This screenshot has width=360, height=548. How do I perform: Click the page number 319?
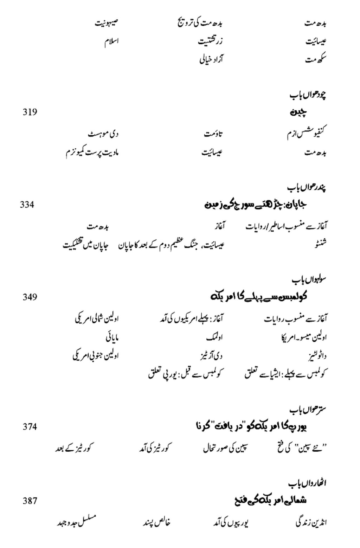click(30, 112)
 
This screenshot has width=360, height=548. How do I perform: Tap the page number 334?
click(27, 205)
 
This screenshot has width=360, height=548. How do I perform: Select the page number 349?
click(30, 297)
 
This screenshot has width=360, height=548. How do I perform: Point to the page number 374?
click(30, 427)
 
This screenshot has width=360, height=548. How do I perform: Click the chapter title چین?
click(299, 112)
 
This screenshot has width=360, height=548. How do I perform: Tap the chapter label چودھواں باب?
click(308, 95)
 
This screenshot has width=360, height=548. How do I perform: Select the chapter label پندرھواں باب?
click(307, 188)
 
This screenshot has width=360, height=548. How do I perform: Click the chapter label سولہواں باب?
click(309, 280)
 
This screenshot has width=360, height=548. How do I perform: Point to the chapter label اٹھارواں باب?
click(308, 484)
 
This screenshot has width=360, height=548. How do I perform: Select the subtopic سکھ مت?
click(316, 59)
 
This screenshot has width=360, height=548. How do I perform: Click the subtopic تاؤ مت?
click(213, 134)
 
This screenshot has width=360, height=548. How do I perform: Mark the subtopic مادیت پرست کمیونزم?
click(92, 153)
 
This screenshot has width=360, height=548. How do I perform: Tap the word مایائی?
click(112, 338)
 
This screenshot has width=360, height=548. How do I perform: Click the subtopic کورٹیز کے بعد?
click(73, 449)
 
